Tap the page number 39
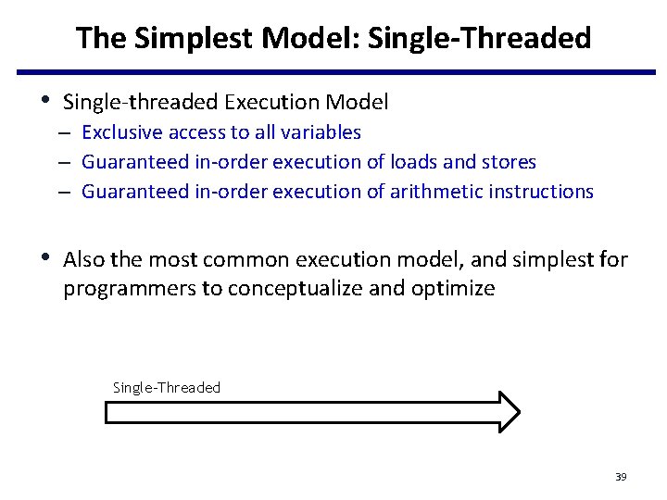click(x=621, y=477)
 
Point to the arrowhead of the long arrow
click(x=509, y=412)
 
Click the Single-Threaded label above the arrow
click(x=167, y=387)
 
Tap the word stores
click(x=508, y=162)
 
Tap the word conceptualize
click(x=296, y=289)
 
